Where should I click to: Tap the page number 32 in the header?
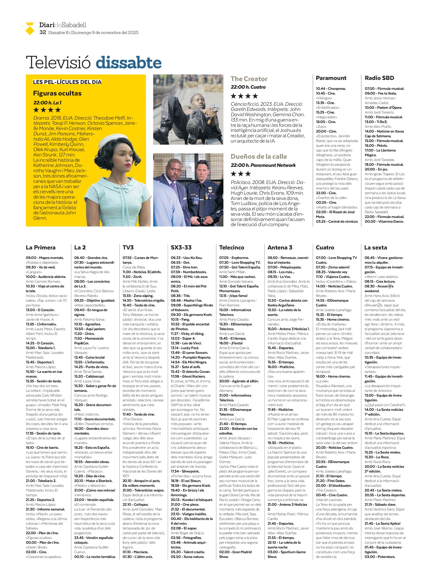click(x=43, y=32)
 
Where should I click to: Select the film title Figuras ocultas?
click(x=57, y=93)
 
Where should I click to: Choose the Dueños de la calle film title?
click(x=259, y=156)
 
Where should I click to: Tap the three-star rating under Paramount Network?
click(x=241, y=174)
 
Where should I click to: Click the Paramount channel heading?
click(x=331, y=78)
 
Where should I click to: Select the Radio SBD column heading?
click(x=379, y=78)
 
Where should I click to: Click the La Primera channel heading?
click(x=41, y=247)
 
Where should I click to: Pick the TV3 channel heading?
click(x=128, y=247)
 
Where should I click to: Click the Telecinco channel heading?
click(x=231, y=247)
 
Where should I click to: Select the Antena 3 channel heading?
click(x=280, y=247)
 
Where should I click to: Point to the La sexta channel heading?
click(x=375, y=247)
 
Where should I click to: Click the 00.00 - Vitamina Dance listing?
click(x=384, y=222)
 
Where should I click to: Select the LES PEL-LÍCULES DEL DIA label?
click(x=67, y=82)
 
